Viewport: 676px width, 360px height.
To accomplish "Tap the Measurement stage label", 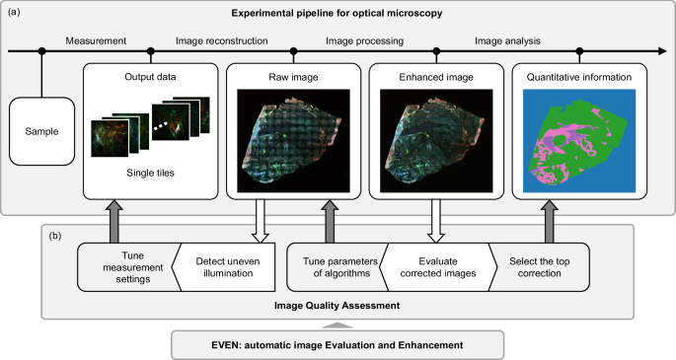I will [96, 40].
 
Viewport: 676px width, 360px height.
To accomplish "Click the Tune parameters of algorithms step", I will [334, 265].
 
